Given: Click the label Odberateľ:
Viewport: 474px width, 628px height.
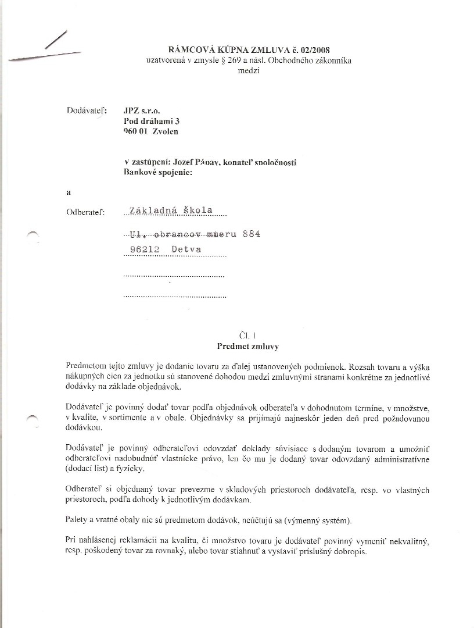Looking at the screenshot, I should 86,212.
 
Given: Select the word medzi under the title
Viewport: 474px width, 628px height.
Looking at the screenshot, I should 249,71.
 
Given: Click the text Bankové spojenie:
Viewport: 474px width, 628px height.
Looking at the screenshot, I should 157,172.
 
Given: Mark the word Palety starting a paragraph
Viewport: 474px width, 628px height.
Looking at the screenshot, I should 79,519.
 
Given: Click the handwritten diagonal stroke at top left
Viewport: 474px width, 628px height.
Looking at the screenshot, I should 55,39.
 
